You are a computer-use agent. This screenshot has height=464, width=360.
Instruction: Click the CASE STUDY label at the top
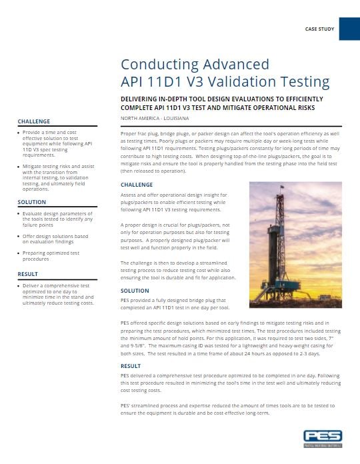319,30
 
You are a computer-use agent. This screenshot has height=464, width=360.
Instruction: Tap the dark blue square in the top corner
349,29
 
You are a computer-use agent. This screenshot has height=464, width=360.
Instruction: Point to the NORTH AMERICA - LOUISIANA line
155,118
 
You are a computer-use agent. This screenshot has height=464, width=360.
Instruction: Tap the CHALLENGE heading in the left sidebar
34,122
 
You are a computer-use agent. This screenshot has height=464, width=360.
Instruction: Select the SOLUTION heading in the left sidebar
32,201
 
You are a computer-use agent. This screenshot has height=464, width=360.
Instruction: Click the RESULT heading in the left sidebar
28,274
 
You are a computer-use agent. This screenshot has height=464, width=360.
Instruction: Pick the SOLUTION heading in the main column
135,291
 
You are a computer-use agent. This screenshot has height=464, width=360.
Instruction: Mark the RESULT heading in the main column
131,366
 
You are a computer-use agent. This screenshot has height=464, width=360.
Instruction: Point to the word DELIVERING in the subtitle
145,99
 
